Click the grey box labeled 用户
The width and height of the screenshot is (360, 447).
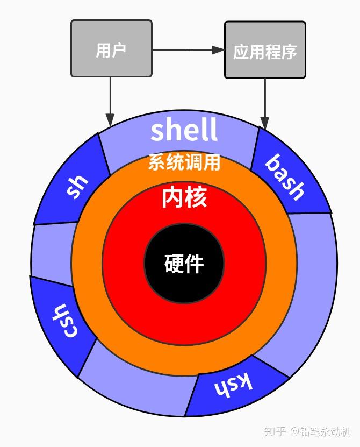point(111,49)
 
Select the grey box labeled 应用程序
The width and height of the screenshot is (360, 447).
point(265,50)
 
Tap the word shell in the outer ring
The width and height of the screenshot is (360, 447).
point(184,130)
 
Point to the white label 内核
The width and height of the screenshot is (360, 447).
point(184,197)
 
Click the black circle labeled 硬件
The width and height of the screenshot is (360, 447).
point(184,264)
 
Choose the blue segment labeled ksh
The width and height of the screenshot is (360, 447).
point(232,385)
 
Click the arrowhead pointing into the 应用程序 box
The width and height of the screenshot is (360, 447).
point(218,50)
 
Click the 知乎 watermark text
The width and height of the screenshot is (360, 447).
point(276,430)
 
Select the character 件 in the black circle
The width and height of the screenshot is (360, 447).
point(194,264)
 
